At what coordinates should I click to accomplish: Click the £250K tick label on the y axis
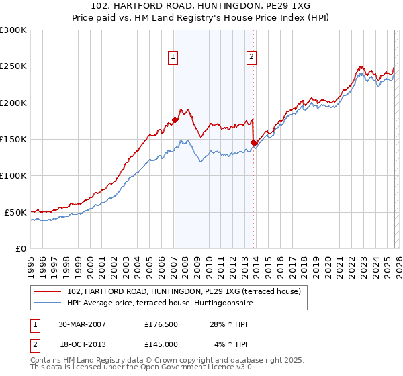(13, 66)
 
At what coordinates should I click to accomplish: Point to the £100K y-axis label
(13, 176)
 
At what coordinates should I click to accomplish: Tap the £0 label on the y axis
(20, 248)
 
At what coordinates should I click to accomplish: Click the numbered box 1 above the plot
(173, 58)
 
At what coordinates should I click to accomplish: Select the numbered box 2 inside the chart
(251, 58)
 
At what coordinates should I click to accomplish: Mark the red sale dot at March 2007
(175, 120)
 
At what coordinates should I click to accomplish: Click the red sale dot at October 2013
(253, 143)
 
